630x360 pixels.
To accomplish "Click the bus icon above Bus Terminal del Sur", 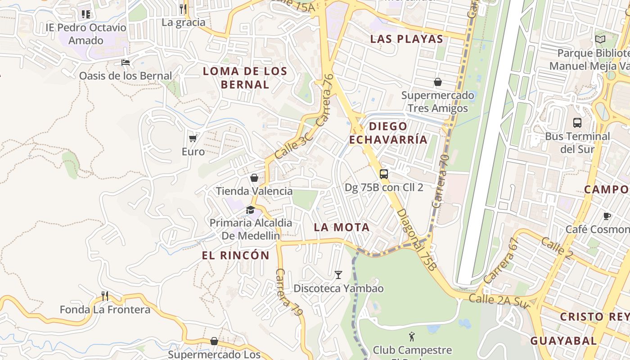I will pos(577,122).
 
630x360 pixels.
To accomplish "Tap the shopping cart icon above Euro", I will pos(193,138).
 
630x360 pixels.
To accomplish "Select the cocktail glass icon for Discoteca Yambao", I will pos(338,274).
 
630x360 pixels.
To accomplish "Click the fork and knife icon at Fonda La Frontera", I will pos(105,296).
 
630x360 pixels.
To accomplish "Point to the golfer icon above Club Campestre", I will pos(411,336).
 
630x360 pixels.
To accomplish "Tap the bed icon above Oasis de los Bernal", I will pos(126,62).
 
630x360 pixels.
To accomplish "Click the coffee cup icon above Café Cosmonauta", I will pos(607,216).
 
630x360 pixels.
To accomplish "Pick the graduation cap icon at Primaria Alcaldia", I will pos(250,210).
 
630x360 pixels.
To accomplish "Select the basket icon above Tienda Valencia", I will pos(254,178).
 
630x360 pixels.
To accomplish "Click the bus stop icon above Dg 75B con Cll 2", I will pos(384,174).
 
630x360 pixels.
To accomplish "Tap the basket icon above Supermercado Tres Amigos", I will pos(437,82).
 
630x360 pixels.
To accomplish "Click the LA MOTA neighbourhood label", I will pos(342,227).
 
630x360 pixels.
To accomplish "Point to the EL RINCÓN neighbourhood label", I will pos(235,256).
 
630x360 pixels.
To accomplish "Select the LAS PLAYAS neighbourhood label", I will pos(407,39).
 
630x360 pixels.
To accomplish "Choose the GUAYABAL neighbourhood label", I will pos(563,341).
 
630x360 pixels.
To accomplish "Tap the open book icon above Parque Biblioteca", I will pos(600,40).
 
